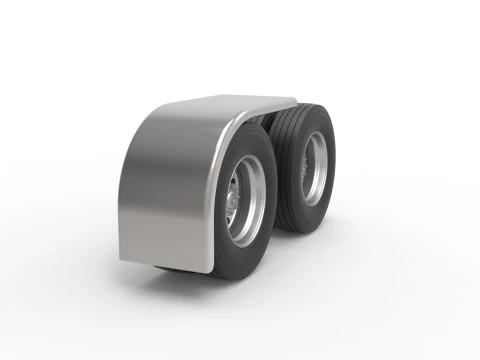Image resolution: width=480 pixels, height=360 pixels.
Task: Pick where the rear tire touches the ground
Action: click(x=300, y=231)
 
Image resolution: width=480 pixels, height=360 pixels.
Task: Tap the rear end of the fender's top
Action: click(x=293, y=100)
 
